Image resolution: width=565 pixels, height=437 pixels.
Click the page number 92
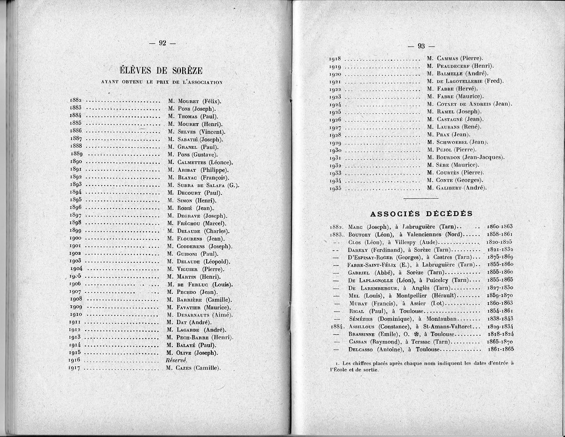162,43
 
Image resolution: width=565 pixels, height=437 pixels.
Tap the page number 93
420,46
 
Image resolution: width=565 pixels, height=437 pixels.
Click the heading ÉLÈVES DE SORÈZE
161,71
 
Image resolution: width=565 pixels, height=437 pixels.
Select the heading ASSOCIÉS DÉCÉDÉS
421,213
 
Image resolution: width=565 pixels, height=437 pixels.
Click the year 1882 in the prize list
76,101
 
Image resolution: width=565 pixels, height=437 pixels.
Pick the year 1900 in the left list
76,239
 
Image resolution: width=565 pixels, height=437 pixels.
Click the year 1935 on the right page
335,188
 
